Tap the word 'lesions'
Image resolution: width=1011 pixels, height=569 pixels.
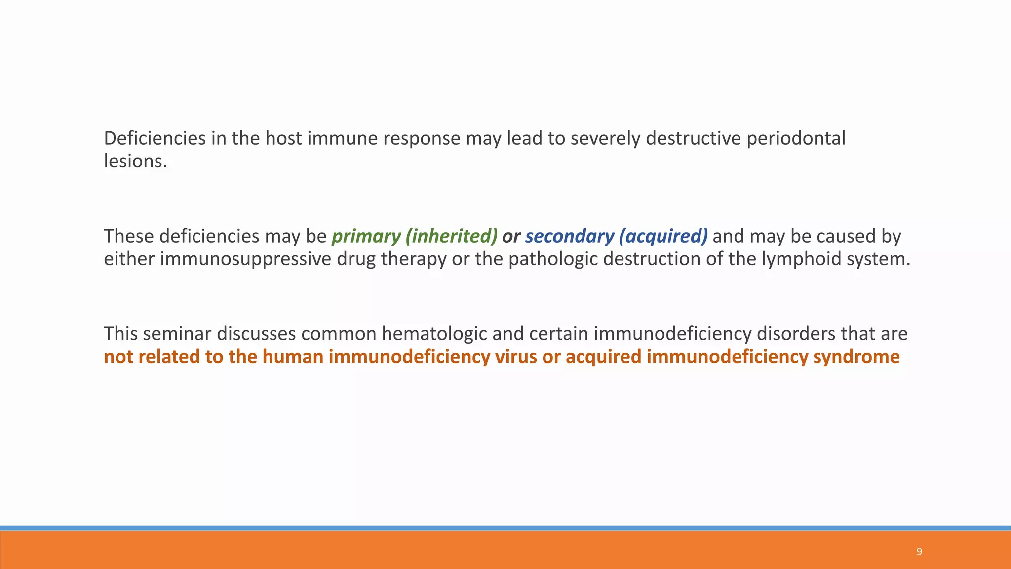134,162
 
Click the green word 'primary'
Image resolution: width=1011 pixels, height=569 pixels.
366,237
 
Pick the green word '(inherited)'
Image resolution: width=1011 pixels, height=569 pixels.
451,237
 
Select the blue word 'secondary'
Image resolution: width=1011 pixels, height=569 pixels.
569,237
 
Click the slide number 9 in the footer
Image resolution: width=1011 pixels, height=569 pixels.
919,552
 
